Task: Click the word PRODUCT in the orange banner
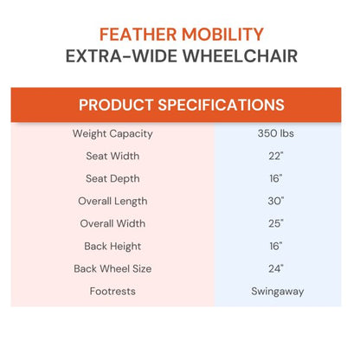pyautogui.click(x=120, y=106)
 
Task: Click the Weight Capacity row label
pyautogui.click(x=112, y=134)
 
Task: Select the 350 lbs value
pyautogui.click(x=278, y=134)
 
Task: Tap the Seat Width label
pyautogui.click(x=112, y=157)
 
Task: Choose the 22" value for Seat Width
pyautogui.click(x=278, y=157)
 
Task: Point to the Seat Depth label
pyautogui.click(x=112, y=179)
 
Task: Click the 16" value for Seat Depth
pyautogui.click(x=278, y=179)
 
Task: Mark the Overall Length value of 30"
pyautogui.click(x=278, y=202)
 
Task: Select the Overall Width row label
pyautogui.click(x=112, y=224)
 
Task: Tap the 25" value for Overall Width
pyautogui.click(x=278, y=224)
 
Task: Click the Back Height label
pyautogui.click(x=112, y=247)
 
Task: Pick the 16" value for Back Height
pyautogui.click(x=278, y=247)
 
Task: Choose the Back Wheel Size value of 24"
pyautogui.click(x=278, y=269)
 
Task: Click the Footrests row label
pyautogui.click(x=112, y=292)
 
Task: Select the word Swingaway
pyautogui.click(x=278, y=292)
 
